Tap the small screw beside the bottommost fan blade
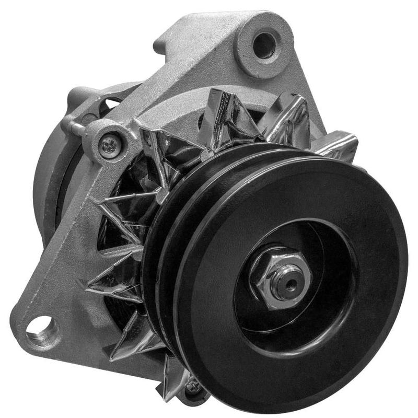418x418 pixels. pos(194,387)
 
